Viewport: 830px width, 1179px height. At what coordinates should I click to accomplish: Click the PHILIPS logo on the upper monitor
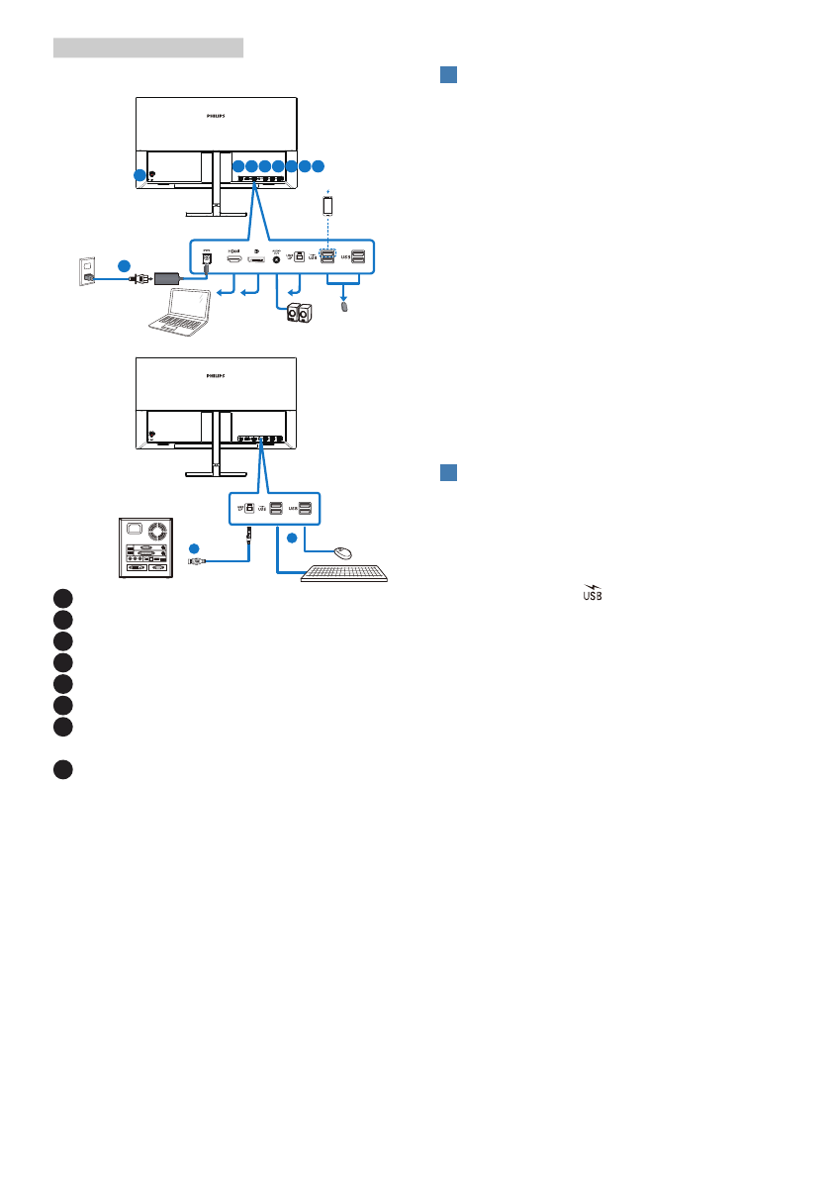[216, 116]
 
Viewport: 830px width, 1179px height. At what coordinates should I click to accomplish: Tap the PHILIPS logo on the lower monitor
[216, 376]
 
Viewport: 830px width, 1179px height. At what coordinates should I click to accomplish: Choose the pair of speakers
[301, 315]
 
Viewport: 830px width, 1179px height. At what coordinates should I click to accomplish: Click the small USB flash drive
[343, 308]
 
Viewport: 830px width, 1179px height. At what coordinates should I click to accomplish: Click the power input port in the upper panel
[207, 259]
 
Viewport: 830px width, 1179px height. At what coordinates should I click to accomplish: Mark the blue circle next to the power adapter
[124, 265]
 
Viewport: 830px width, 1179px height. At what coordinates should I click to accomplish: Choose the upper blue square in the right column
[447, 77]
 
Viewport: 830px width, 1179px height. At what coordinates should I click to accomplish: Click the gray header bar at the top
[148, 48]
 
